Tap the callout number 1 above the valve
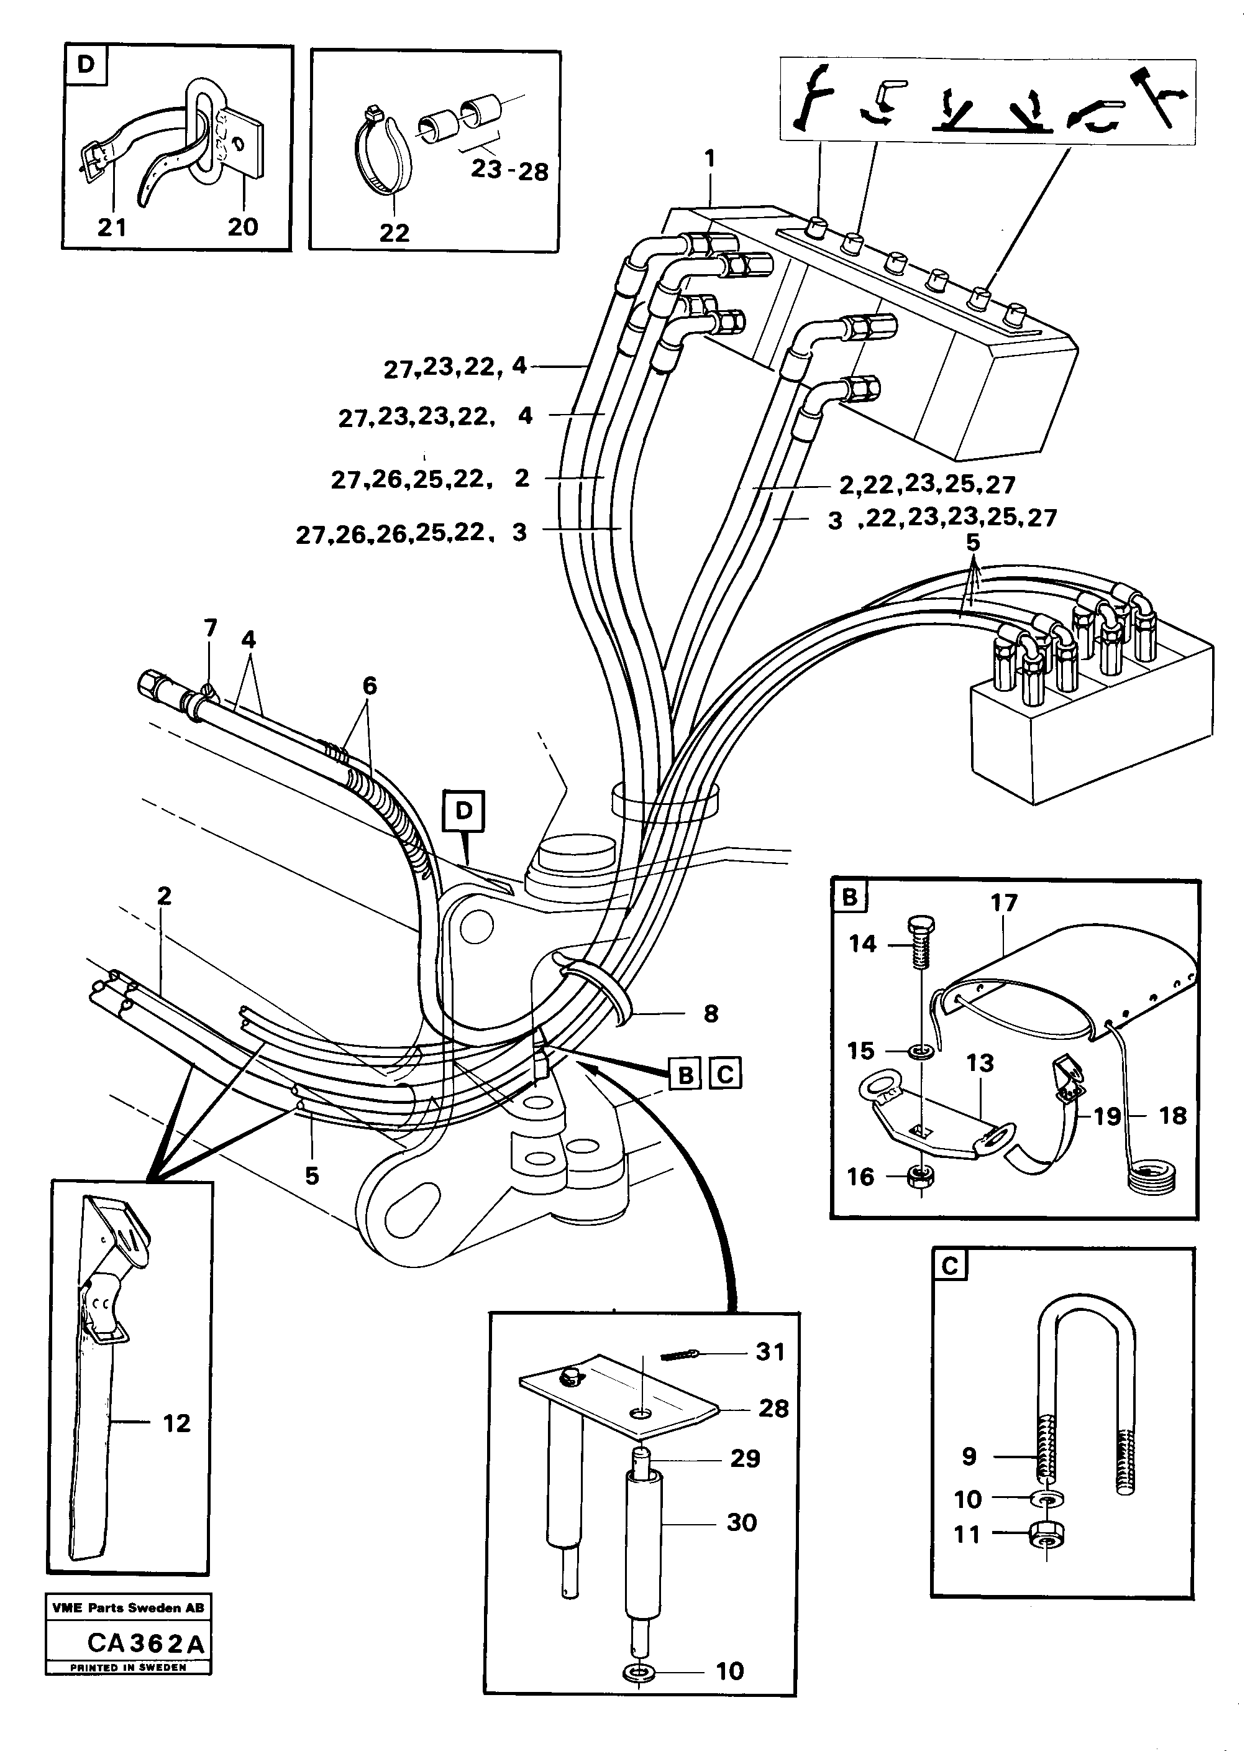(x=709, y=159)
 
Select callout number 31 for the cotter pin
(x=770, y=1351)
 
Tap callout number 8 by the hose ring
(x=709, y=1013)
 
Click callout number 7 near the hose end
(x=210, y=628)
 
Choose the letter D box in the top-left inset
(x=86, y=65)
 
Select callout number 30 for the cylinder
(x=741, y=1522)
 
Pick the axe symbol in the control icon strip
(x=1152, y=94)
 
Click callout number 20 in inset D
(x=242, y=226)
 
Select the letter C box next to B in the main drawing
(x=724, y=1073)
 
